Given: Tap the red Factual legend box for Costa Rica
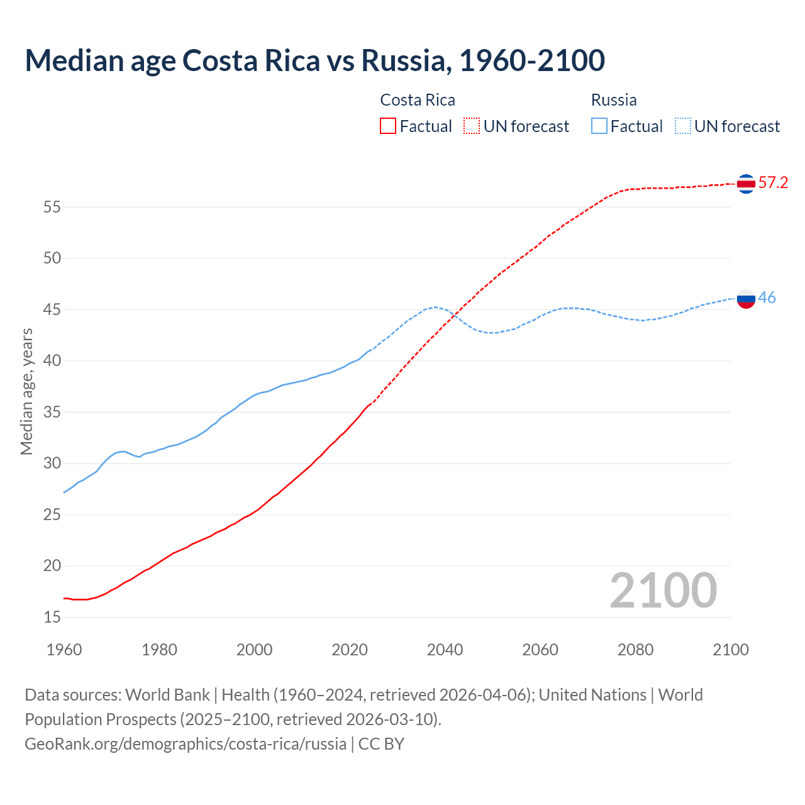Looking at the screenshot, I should coord(388,126).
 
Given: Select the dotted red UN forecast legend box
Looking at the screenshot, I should coord(472,126).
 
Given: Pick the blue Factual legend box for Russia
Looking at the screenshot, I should coord(599,126).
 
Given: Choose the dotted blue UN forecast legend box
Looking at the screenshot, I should coord(683,126).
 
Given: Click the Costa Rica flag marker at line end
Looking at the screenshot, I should coord(746,184).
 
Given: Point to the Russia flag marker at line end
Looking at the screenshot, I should coord(746,298).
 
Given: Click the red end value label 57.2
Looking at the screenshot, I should coord(773,183).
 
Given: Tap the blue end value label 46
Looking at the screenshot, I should coord(767,297).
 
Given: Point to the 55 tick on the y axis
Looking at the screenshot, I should coord(52,207).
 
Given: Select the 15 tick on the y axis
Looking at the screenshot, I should coord(52,618).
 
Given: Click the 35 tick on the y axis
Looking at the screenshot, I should coord(52,413).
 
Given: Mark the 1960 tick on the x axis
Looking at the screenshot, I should coord(64,650).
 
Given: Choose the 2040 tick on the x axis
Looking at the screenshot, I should coord(445,650).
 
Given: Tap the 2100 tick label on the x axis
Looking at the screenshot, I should coord(730,650).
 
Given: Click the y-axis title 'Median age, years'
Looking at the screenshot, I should coord(26,391).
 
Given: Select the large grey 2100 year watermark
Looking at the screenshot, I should coord(663,591).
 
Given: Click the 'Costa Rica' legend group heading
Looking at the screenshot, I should coord(418,100).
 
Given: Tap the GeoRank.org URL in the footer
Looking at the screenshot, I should coord(186,744).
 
